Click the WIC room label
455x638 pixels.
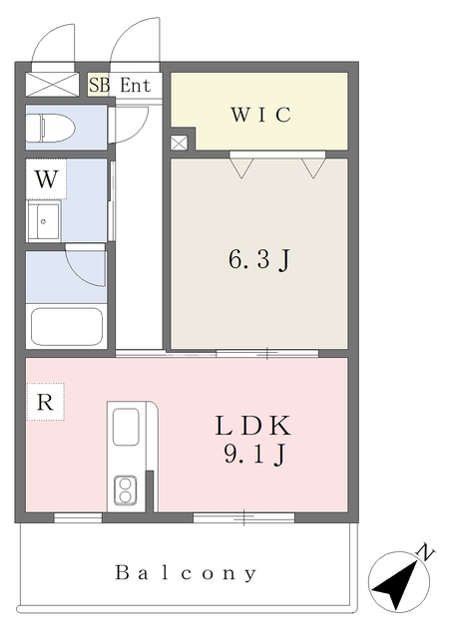261,115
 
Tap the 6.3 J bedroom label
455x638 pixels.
259,261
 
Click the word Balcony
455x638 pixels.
187,573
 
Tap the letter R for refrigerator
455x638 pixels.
44,403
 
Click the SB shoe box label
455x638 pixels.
99,86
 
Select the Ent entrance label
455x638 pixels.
135,86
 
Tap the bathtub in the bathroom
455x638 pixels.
66,326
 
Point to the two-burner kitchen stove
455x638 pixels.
127,489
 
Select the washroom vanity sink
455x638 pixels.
46,220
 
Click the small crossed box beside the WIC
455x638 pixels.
178,143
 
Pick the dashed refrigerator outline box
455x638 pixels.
45,403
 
